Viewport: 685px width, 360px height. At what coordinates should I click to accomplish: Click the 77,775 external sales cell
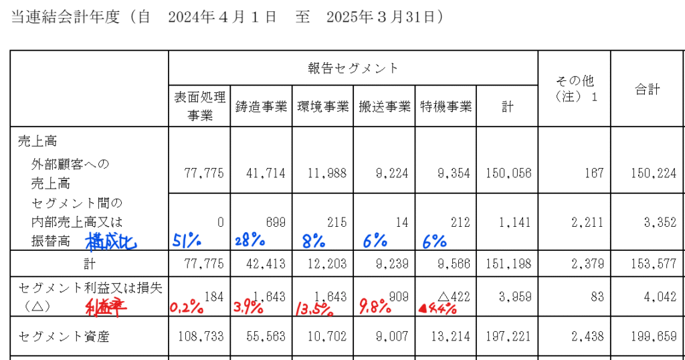click(203, 173)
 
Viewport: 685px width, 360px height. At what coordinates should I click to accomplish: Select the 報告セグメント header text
click(353, 68)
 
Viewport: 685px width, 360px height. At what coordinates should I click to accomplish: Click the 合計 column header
click(647, 89)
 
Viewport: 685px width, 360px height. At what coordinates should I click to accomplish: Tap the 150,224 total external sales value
click(646, 173)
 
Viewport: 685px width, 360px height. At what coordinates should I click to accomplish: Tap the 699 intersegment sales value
click(274, 221)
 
